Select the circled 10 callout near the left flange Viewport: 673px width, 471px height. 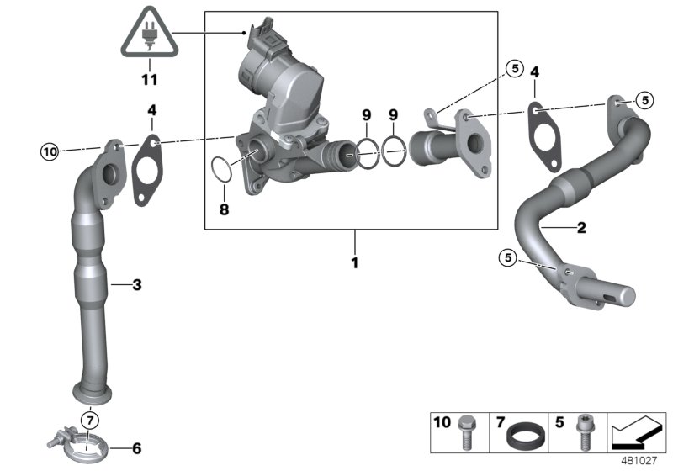[x=50, y=152]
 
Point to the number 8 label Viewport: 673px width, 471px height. [x=224, y=209]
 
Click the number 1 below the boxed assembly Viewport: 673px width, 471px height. [x=354, y=263]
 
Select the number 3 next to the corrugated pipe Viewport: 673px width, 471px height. [x=136, y=285]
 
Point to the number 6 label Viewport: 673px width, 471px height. [x=137, y=447]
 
